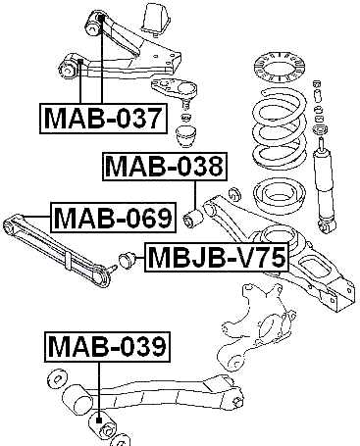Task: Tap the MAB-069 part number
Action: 111,217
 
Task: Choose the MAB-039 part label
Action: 106,346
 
